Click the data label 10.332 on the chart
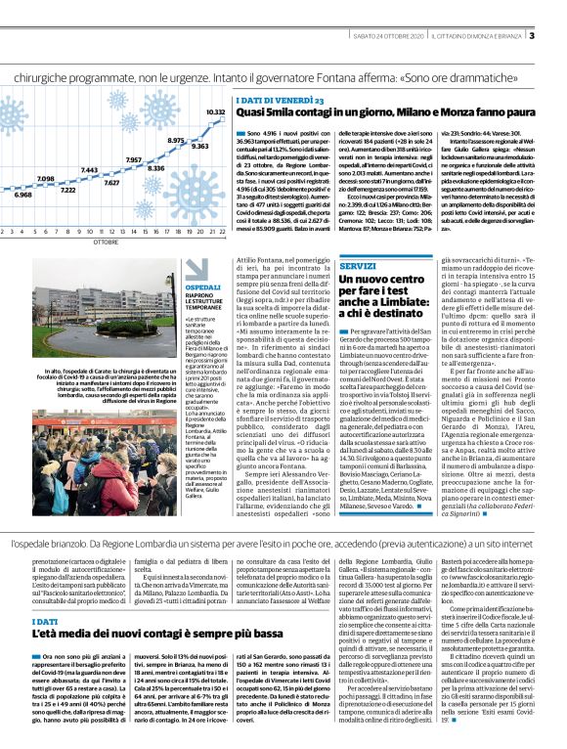coord(214,112)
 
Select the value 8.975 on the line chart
coord(176,141)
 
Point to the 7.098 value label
coord(45,179)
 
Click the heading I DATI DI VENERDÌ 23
coord(280,101)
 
